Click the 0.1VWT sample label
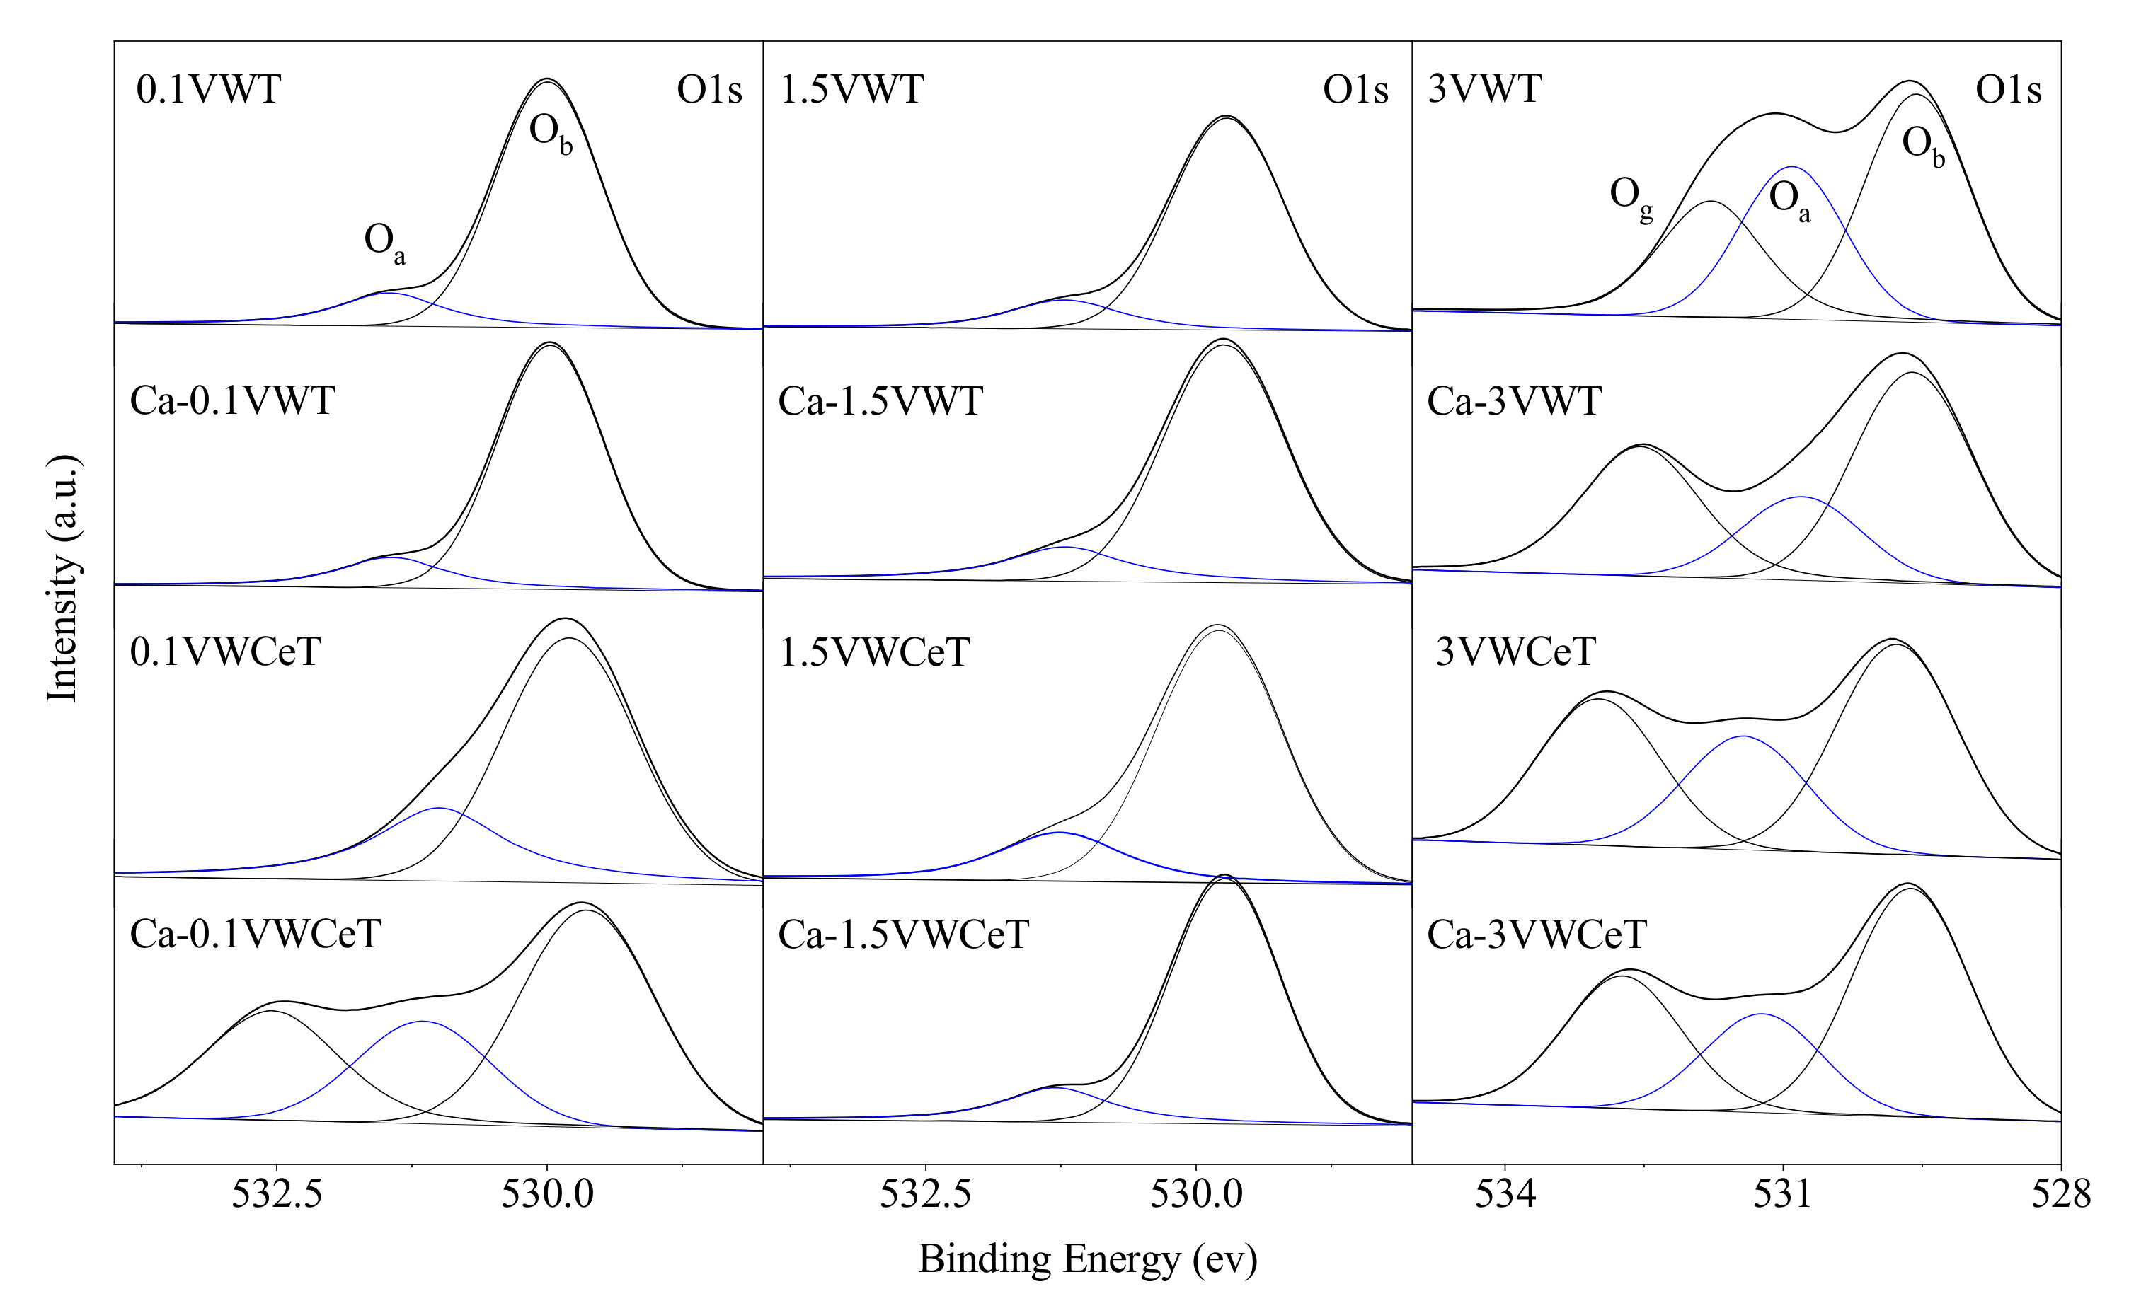pos(209,89)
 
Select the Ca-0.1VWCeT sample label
pos(255,935)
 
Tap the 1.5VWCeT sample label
pos(874,652)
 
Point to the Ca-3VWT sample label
pos(1514,401)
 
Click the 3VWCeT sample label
pos(1516,652)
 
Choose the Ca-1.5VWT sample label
pos(880,401)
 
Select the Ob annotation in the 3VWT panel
pos(1923,145)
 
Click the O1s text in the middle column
pos(1355,89)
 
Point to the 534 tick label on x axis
pos(1505,1195)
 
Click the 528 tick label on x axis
pos(2060,1195)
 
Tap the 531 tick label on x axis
pos(1782,1195)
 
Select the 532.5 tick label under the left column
pos(276,1195)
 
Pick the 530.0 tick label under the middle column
pos(1196,1195)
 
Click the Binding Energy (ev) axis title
pos(1088,1259)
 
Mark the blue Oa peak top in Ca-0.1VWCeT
pos(422,1022)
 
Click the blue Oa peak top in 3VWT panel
pos(1791,167)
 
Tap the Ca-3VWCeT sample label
pos(1537,935)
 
